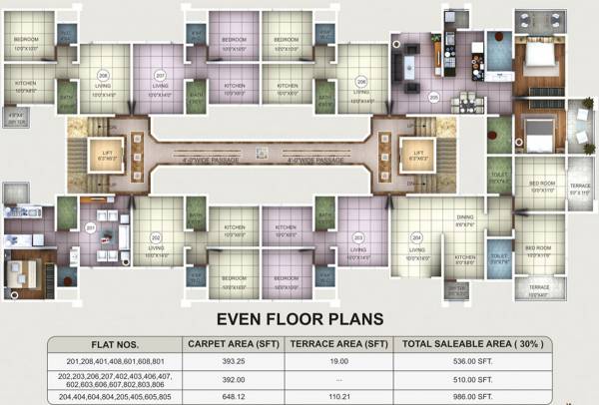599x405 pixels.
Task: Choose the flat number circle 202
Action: pyautogui.click(x=156, y=236)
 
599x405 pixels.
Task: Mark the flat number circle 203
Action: pyautogui.click(x=357, y=236)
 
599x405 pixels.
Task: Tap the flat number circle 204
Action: pyautogui.click(x=415, y=237)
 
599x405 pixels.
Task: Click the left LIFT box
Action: pyautogui.click(x=110, y=156)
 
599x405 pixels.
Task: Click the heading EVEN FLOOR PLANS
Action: pyautogui.click(x=299, y=319)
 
